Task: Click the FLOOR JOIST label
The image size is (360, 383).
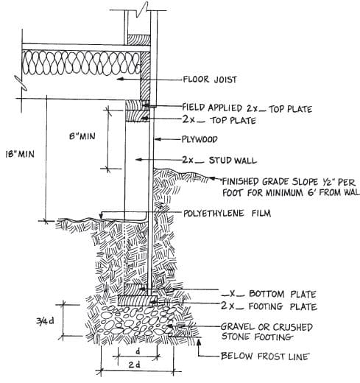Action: [x=210, y=80]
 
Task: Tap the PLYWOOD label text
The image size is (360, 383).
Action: [x=200, y=139]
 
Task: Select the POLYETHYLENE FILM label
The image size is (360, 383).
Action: [x=227, y=213]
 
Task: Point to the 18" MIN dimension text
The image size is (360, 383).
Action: [x=20, y=154]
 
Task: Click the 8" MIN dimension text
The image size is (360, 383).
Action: [x=82, y=136]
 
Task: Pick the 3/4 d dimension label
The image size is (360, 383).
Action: [x=45, y=321]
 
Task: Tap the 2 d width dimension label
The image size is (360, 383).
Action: [x=135, y=365]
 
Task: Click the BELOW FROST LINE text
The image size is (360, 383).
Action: [x=265, y=356]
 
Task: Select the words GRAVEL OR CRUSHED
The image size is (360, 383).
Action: [x=267, y=327]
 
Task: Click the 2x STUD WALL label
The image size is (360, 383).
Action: [x=219, y=160]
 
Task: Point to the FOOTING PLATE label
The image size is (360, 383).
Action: [x=269, y=306]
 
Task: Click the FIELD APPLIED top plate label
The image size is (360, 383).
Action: [x=247, y=108]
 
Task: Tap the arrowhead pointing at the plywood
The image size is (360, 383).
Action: [x=158, y=139]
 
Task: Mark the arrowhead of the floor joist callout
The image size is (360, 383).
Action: [x=120, y=79]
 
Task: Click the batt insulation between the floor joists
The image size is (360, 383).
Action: [x=81, y=63]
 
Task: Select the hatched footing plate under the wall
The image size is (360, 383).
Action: [x=138, y=301]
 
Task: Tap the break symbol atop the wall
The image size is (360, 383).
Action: [x=142, y=10]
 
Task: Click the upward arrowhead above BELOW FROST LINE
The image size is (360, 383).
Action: [x=199, y=341]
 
